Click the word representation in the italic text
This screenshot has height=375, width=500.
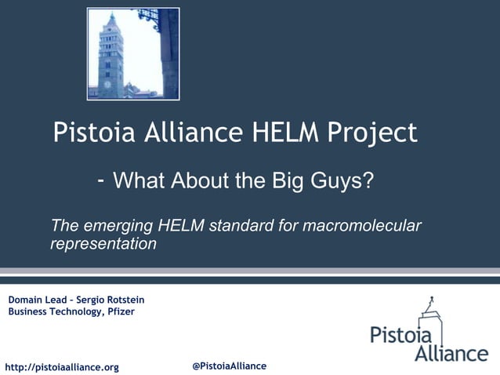[x=103, y=244]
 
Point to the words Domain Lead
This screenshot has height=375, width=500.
[x=36, y=300]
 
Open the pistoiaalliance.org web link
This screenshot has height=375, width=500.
[x=62, y=367]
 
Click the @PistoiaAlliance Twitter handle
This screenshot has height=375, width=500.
[x=229, y=366]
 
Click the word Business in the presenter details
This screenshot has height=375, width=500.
[x=29, y=311]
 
